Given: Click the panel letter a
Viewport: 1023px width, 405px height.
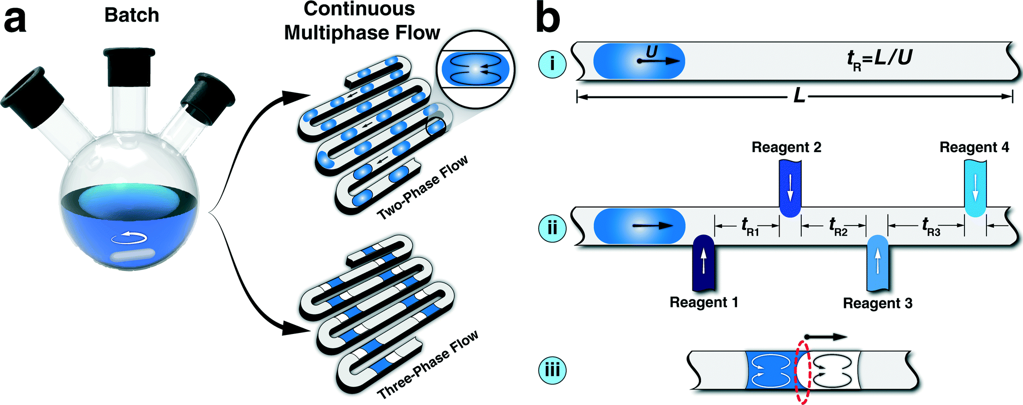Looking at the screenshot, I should click(x=15, y=21).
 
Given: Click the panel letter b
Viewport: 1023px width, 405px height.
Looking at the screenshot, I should click(x=548, y=19).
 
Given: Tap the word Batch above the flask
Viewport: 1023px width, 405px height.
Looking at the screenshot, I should click(x=132, y=15).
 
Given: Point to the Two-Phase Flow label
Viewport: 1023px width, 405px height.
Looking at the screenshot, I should click(x=423, y=187).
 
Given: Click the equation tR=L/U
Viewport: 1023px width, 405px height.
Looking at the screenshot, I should click(x=879, y=59).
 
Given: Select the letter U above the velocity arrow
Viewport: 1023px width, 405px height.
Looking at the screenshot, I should click(x=651, y=51).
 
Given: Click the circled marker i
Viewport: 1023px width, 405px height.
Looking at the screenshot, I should click(x=552, y=64).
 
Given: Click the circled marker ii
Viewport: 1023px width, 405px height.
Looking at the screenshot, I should click(x=552, y=227).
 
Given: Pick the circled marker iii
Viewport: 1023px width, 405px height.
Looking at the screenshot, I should click(x=552, y=370).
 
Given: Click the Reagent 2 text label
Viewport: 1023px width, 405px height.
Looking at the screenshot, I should click(x=786, y=147).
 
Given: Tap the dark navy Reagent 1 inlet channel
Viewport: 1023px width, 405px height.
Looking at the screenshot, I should click(x=703, y=262).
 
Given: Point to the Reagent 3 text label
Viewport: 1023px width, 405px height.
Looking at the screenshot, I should click(x=877, y=303).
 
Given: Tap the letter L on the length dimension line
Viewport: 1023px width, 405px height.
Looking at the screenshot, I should click(x=799, y=95).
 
